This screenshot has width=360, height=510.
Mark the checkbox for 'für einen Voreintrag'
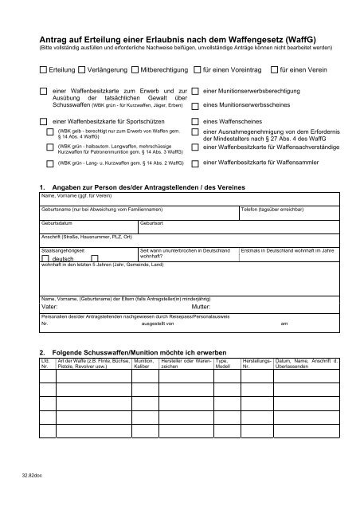196,70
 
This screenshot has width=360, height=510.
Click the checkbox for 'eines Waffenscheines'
196,121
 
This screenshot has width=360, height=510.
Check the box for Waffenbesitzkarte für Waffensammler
196,162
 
